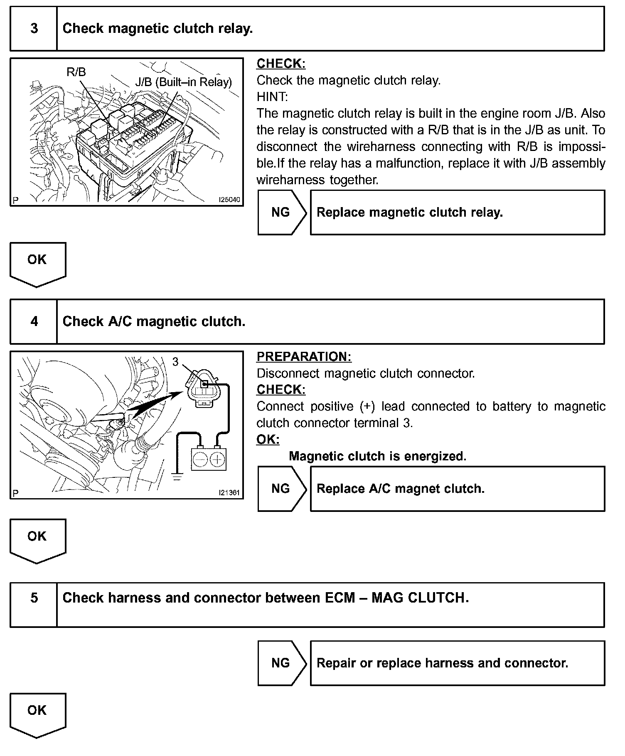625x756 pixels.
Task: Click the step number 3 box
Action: [34, 29]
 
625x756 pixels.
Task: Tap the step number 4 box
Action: [34, 321]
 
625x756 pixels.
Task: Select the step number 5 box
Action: [34, 598]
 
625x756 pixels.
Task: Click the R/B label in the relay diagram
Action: [76, 72]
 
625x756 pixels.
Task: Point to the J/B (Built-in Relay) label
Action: [183, 82]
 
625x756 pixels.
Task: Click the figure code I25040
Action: [229, 200]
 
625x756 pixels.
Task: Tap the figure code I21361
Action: [229, 493]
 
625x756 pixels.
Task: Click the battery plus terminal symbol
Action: [217, 460]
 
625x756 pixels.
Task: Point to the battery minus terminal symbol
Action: [200, 460]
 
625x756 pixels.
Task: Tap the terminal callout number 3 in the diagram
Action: [175, 362]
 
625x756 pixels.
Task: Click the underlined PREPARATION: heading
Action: [304, 356]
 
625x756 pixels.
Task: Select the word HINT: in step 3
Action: [272, 97]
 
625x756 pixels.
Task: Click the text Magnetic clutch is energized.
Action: [377, 456]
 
